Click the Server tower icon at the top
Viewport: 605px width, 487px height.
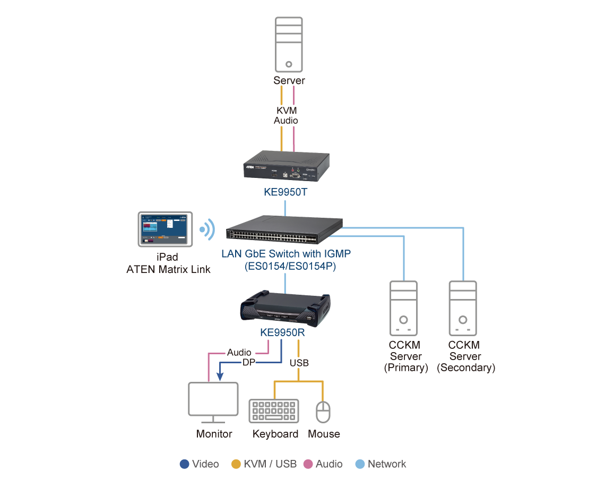tap(289, 45)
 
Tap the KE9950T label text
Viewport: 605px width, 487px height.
tap(286, 192)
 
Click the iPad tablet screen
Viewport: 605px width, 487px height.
tap(165, 229)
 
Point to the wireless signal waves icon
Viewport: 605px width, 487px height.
tap(208, 229)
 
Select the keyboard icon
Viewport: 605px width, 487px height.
tap(273, 411)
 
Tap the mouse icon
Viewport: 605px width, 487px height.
tap(323, 412)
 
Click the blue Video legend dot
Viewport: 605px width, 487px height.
tap(185, 464)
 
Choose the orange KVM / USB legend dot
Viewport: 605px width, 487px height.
tap(236, 464)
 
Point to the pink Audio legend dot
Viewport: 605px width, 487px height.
tap(308, 464)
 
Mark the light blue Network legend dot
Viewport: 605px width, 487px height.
tap(360, 464)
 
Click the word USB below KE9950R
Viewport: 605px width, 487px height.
tap(299, 363)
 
